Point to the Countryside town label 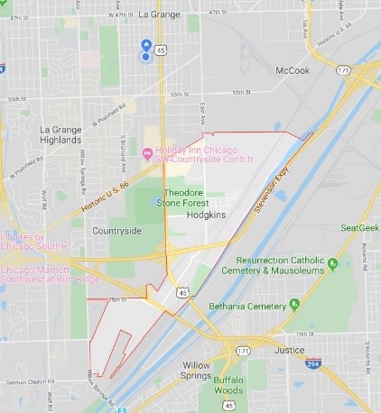pos(116,231)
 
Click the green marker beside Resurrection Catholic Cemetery pos(332,263)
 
